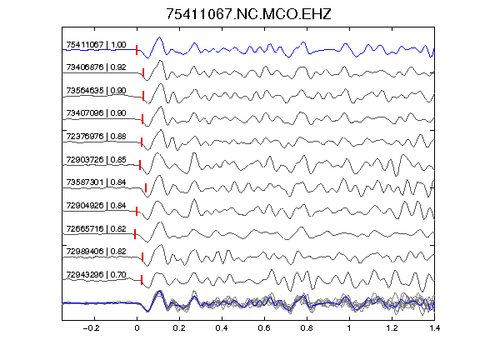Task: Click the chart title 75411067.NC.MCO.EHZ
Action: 248,14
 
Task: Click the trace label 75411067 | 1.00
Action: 96,45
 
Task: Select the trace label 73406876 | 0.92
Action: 96,67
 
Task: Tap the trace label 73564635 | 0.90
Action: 96,91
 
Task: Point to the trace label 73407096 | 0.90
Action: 96,113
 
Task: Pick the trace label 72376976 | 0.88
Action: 96,137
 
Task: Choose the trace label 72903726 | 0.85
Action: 96,160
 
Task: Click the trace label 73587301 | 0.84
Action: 96,182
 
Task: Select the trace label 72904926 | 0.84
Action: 96,206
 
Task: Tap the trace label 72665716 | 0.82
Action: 96,229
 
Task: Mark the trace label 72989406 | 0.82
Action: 96,252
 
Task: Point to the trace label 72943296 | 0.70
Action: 96,275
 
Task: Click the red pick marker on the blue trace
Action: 137,50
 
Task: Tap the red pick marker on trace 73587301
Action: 146,188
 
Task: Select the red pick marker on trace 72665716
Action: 135,234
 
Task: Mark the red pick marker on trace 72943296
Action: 142,280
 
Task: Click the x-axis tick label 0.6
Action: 264,328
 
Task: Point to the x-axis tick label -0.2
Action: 91,328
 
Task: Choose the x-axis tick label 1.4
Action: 434,328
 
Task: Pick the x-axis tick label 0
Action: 137,328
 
